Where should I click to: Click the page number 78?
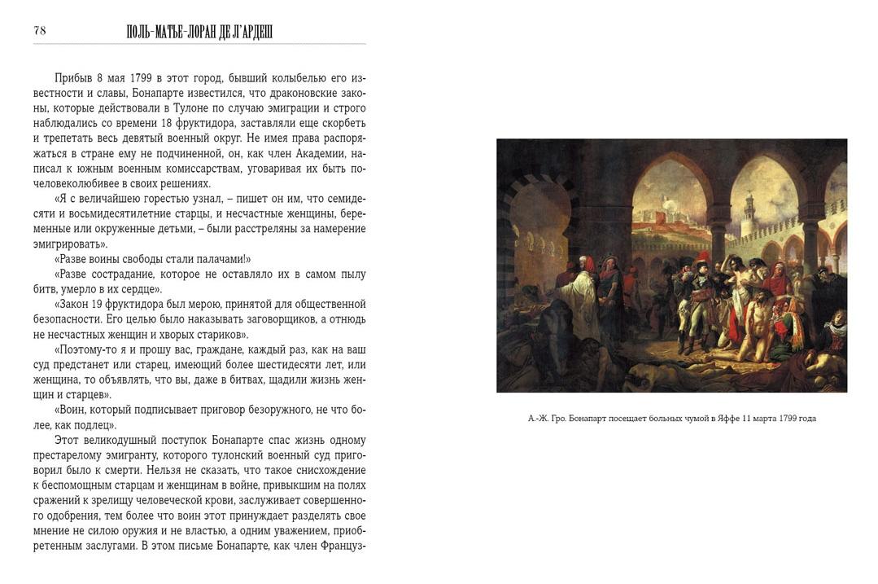pyautogui.click(x=40, y=31)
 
